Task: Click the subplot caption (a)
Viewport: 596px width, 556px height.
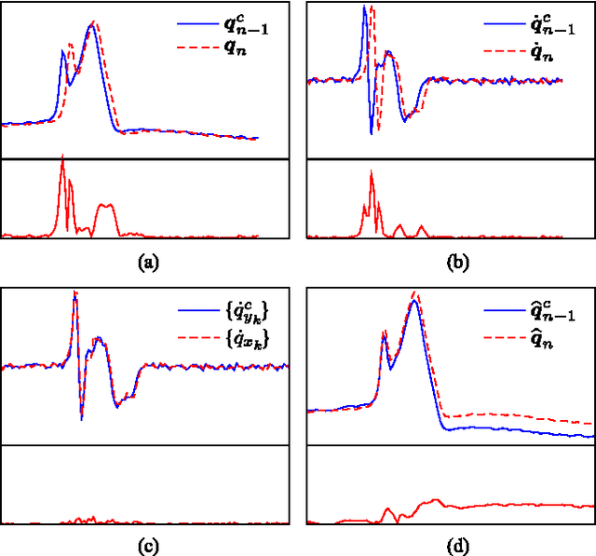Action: tap(147, 264)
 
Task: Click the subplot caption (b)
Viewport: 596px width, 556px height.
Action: tap(458, 264)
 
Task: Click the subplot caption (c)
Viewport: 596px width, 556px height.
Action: tap(147, 548)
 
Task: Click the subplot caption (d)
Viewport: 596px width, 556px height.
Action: tap(458, 548)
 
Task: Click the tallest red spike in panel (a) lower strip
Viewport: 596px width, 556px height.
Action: tap(61, 158)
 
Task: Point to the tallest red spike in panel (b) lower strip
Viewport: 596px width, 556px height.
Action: tap(371, 171)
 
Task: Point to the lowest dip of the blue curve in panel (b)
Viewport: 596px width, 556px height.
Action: tap(372, 133)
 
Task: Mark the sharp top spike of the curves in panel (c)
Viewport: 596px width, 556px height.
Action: tap(74, 293)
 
